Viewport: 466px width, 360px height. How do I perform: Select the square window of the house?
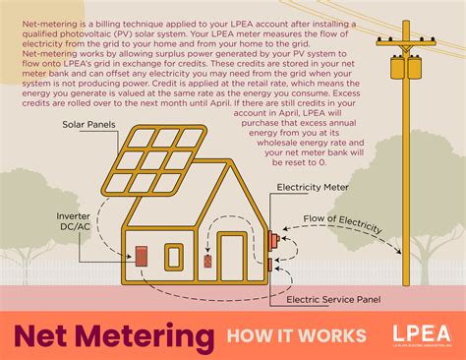point(174,258)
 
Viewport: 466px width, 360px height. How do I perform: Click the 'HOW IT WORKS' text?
point(295,336)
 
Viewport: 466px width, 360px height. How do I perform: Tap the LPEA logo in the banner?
point(421,334)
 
